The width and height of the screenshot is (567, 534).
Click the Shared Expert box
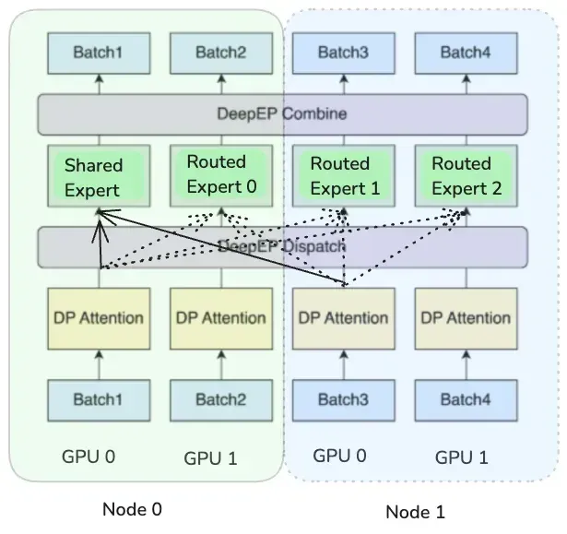coord(99,176)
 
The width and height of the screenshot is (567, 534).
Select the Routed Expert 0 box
coord(221,176)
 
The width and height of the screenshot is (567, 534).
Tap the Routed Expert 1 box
coord(344,176)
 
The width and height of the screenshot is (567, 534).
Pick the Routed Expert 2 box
coord(467,176)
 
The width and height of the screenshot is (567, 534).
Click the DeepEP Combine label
coord(282,114)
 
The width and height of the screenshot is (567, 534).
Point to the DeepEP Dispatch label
coord(282,246)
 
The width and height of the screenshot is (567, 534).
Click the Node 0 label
coord(133,509)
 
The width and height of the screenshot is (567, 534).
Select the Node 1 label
coord(416,512)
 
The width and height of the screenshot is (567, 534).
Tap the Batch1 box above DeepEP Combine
coord(99,53)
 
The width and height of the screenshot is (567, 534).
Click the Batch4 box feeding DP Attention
coord(467,400)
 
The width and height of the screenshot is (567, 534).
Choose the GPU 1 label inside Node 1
coord(462,457)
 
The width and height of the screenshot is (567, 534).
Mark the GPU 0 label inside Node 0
coord(89,457)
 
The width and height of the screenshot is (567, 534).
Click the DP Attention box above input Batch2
coord(221,318)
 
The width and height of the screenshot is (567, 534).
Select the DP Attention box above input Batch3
coord(344,318)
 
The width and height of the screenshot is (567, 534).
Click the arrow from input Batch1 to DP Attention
coord(99,364)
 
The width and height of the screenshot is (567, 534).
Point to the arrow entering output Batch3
coord(344,84)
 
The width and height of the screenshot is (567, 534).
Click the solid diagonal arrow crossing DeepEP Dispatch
coord(221,247)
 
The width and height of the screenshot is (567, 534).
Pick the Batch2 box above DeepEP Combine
coord(221,53)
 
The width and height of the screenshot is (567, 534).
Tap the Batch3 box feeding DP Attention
coord(344,400)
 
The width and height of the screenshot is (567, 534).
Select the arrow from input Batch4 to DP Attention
coord(467,364)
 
